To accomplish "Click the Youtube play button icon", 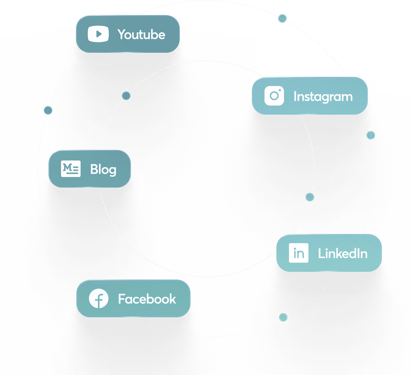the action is point(98,34).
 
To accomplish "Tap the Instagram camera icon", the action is point(274,96).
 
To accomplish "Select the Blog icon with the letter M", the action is point(71,169).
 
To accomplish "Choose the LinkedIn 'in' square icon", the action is point(298,253).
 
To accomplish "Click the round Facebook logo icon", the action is point(99,299).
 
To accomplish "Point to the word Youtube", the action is point(141,35).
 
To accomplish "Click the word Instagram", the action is point(323,97).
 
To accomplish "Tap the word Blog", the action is point(103,169).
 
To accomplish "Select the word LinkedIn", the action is point(343,254).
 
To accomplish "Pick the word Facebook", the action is point(147,299).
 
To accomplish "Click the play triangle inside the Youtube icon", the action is point(99,34).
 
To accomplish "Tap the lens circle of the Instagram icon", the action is point(274,96).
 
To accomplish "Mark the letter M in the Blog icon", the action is point(68,167).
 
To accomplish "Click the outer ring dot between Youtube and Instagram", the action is point(282,19).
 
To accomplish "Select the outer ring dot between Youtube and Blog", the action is point(48,110).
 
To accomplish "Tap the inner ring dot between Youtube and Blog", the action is point(126,96).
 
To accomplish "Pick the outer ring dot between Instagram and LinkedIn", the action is point(371,135).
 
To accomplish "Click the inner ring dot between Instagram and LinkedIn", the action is point(310,197).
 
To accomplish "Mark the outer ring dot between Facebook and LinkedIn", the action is point(283,317).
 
